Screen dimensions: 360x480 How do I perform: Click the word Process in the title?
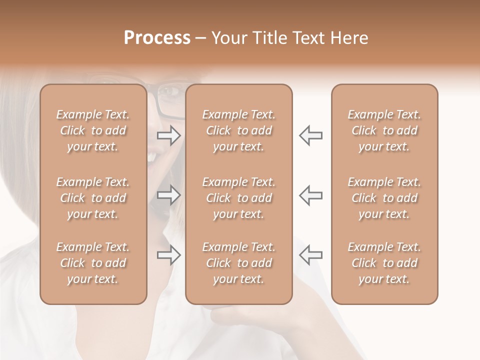(157, 38)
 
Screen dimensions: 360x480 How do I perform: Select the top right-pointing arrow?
(169, 135)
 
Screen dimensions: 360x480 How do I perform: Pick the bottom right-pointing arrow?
(169, 254)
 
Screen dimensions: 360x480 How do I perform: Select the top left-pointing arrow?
(310, 135)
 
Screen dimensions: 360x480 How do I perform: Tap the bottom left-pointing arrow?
(310, 254)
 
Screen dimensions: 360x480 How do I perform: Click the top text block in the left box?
(93, 130)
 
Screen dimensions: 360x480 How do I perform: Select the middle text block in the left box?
(93, 198)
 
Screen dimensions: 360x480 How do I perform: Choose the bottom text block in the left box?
(93, 263)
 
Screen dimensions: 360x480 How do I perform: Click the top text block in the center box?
(239, 130)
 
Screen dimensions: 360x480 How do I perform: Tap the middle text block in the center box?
(239, 198)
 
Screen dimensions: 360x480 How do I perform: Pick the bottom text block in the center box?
(239, 263)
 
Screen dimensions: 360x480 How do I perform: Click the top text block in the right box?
(384, 130)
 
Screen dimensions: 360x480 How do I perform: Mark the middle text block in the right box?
(384, 198)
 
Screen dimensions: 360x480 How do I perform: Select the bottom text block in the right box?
(384, 263)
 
